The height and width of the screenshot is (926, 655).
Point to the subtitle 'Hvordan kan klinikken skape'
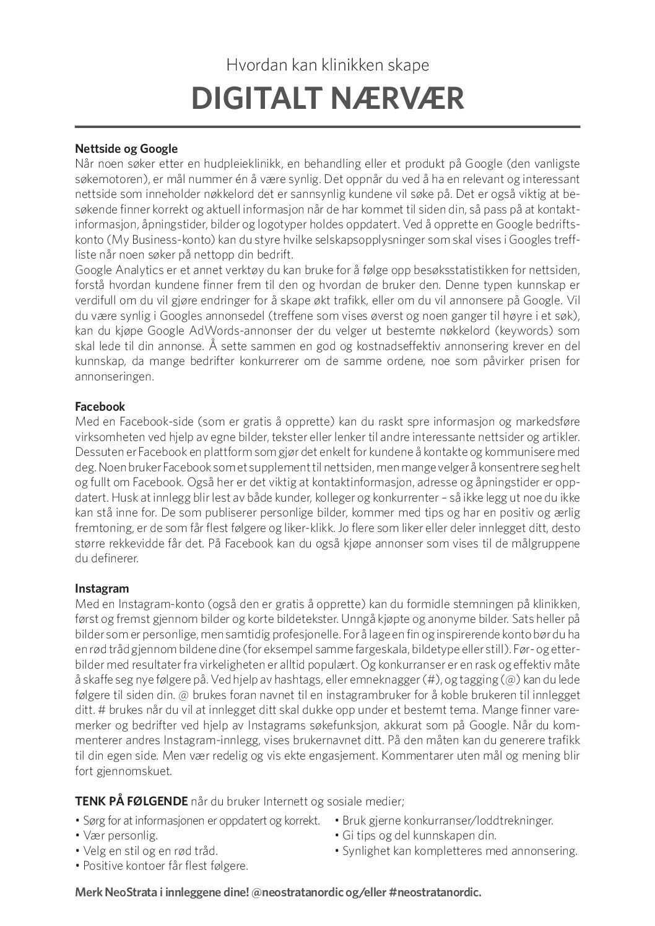pos(327,64)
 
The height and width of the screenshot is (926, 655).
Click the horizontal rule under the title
pos(327,127)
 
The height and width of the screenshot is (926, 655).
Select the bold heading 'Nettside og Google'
pos(126,148)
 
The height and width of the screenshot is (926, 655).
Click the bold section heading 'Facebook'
pos(100,406)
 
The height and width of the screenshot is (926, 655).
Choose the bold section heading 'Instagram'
pos(102,588)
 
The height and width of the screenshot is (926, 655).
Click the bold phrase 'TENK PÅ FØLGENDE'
pos(131,802)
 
